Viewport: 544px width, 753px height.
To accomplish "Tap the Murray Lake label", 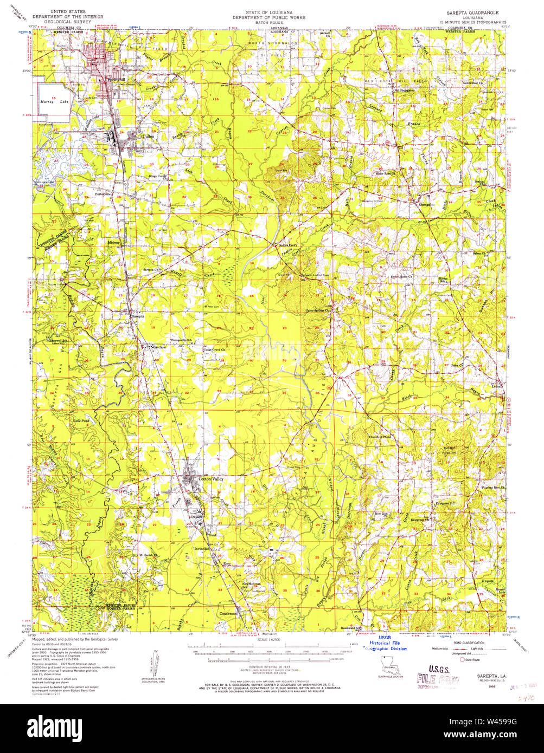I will (x=53, y=102).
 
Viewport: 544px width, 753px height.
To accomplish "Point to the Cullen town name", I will (x=148, y=137).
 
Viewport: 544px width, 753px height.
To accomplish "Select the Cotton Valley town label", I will (x=211, y=479).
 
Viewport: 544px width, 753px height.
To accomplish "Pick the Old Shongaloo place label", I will (x=404, y=90).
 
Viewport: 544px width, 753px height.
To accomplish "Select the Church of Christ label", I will (x=380, y=437).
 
